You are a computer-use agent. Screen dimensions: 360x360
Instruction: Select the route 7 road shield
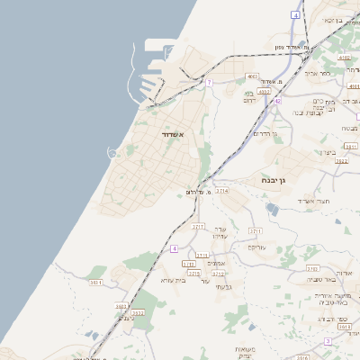pos(209,82)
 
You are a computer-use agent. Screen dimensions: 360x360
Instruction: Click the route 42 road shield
pos(278,101)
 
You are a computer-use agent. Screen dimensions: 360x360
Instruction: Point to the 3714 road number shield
pos(222,191)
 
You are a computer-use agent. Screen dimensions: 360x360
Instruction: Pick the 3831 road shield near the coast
pos(95,283)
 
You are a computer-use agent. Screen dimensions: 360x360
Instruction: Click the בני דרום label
pos(250,94)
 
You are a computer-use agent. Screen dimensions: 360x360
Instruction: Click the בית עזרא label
pos(172,280)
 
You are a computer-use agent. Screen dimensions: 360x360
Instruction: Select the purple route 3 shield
pos(328,341)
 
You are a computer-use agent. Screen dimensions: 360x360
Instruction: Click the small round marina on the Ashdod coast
pos(114,152)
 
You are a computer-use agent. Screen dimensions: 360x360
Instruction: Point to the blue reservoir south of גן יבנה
pos(273,210)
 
